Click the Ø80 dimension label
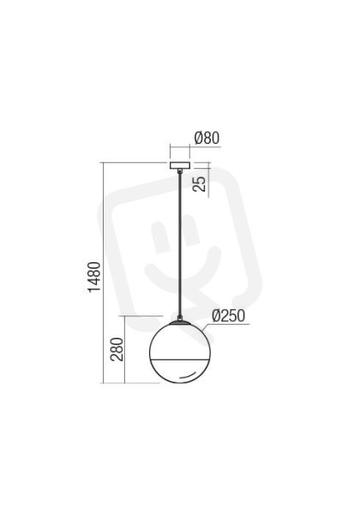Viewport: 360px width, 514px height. click(207, 138)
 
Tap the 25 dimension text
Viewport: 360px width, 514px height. click(200, 184)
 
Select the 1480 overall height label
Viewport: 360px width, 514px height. click(94, 277)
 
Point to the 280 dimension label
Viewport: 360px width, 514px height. click(117, 350)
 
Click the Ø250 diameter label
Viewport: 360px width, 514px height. click(229, 315)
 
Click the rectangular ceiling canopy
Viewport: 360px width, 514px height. click(180, 165)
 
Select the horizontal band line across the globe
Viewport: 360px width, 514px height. click(180, 360)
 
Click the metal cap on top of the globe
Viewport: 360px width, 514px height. click(180, 323)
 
